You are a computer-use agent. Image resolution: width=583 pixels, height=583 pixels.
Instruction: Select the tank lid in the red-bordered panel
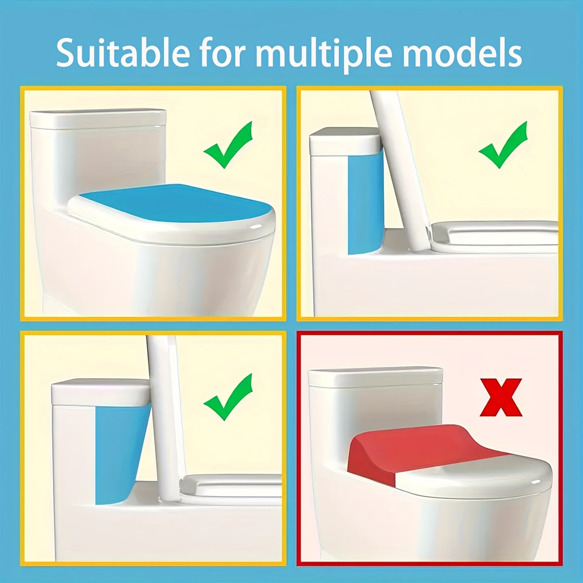click(375, 377)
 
